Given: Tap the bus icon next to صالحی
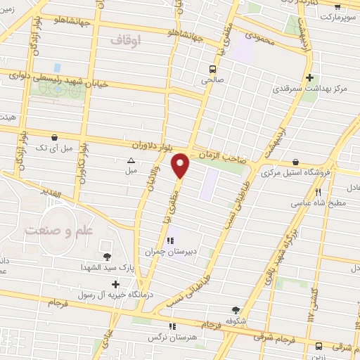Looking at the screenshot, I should pos(212,69).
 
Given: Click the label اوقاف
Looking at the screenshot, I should pos(127,41).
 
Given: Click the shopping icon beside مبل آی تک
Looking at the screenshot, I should pos(55,136).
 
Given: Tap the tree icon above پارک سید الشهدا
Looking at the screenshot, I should pos(106,257).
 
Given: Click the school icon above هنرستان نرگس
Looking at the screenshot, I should pos(173,326).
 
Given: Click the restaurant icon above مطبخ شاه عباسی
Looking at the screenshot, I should pos(318,191).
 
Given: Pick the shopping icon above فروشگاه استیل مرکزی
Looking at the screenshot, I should pos(295,161).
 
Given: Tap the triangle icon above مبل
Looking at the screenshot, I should pos(131,160).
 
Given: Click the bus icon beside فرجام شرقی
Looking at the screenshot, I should pos(319,346).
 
